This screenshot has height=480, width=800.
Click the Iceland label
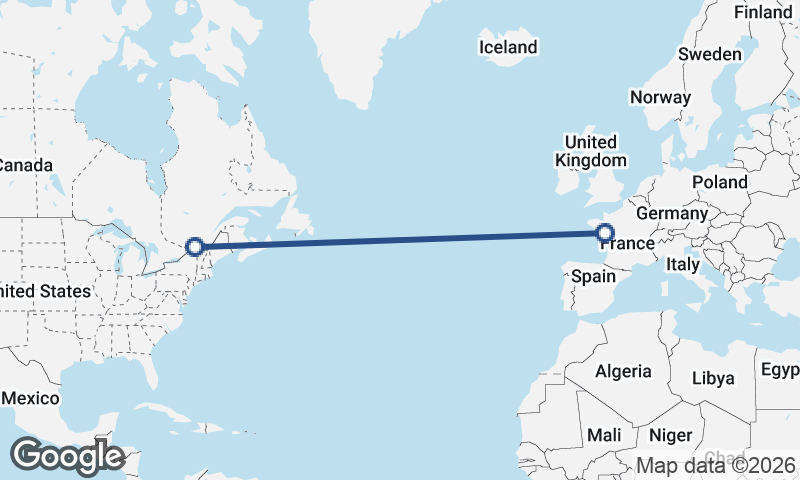[x=508, y=47]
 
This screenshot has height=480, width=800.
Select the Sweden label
[x=710, y=54]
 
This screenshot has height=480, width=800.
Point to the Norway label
[x=660, y=97]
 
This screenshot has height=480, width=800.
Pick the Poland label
[x=719, y=182]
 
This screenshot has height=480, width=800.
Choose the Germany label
[x=671, y=214]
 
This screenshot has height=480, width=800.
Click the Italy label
[x=683, y=264]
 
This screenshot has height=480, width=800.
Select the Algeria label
[x=623, y=371]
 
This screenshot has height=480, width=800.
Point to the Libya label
[x=713, y=378]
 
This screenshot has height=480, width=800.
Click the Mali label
[x=604, y=435]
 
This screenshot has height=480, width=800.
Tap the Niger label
[x=670, y=435]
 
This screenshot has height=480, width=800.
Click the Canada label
[x=24, y=164]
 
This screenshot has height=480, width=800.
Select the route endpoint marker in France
[x=604, y=234]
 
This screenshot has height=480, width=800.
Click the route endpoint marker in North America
[x=196, y=246]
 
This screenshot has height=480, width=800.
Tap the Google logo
[x=67, y=456]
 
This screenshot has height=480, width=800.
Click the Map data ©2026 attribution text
[x=716, y=465]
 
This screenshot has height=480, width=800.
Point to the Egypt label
[x=780, y=369]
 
